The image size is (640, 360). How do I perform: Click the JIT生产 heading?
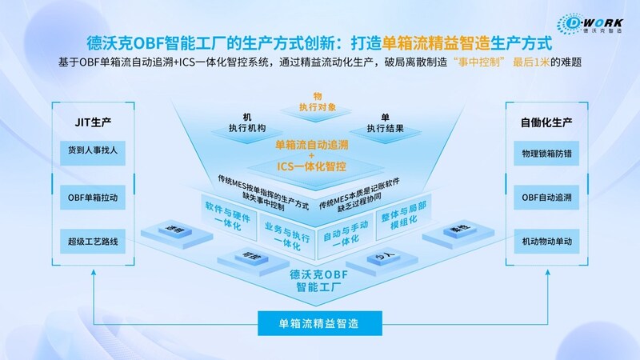(x=94, y=122)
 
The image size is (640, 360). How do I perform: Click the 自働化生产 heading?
(x=546, y=122)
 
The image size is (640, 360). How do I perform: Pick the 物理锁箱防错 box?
(x=546, y=151)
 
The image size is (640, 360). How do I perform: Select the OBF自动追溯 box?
(x=546, y=195)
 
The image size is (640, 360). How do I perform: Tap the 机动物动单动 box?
(x=546, y=238)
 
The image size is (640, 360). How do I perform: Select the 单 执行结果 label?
(x=384, y=122)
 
